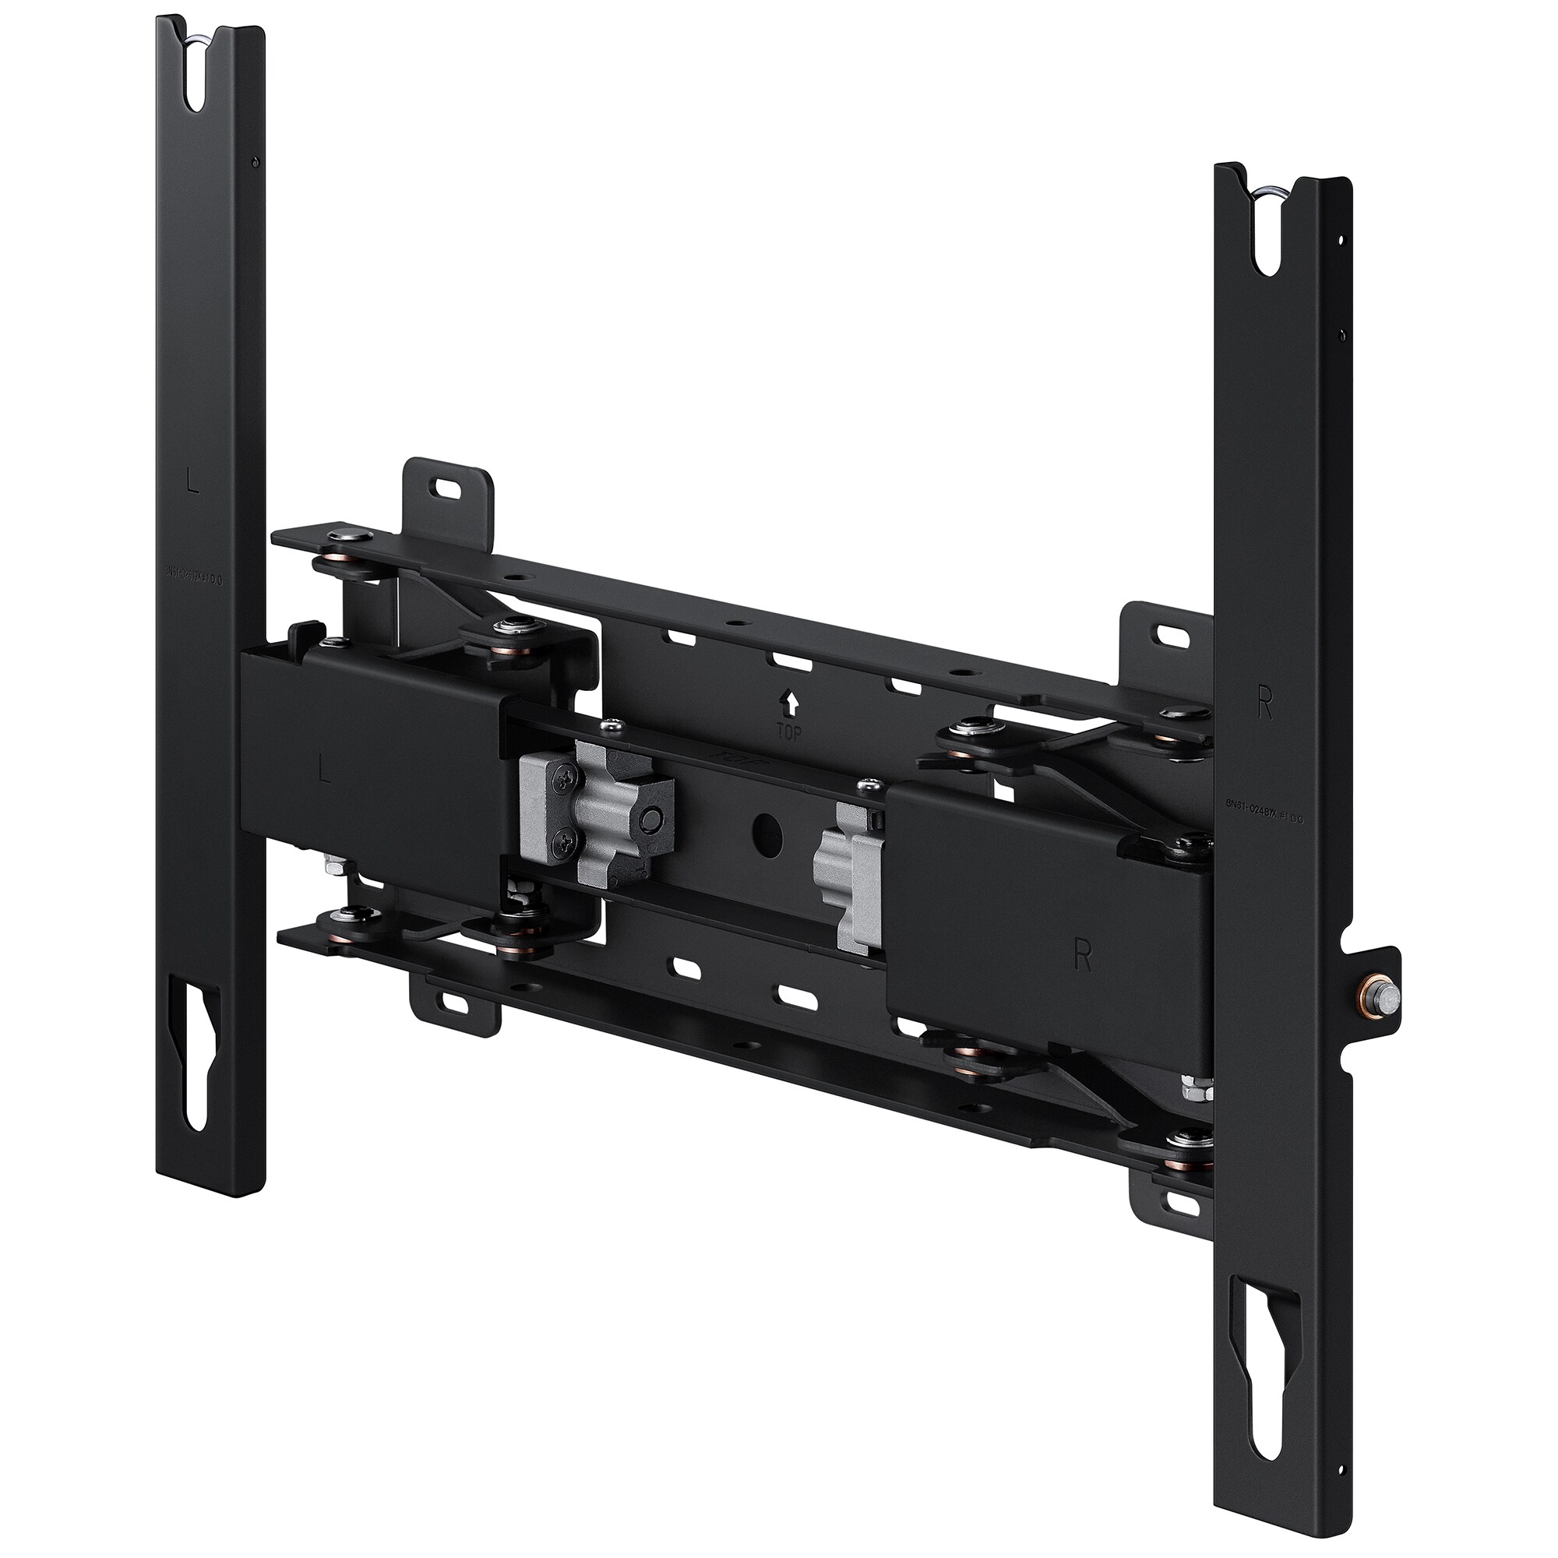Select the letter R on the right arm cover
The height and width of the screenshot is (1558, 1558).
(1083, 957)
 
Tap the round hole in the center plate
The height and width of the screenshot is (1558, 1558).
(767, 838)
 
